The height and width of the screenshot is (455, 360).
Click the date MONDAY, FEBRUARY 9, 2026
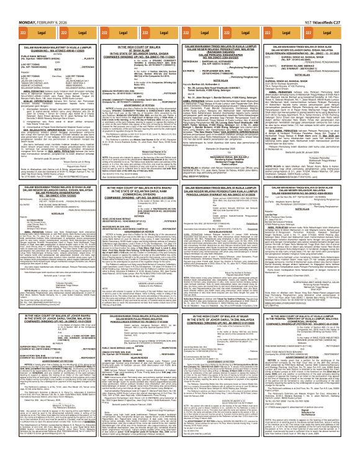(28, 6)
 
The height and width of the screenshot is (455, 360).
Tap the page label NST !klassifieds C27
(331, 6)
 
